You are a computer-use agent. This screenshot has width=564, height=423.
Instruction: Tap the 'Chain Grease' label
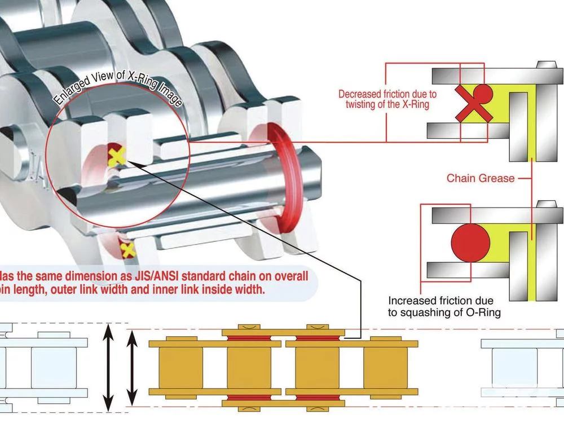[481, 178]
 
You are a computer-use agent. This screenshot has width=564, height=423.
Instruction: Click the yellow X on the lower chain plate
[127, 248]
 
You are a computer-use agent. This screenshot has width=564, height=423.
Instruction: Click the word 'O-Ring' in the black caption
[482, 312]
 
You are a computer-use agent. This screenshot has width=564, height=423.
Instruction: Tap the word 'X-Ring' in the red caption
[415, 105]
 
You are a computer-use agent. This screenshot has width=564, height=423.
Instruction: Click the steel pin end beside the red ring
[307, 169]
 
